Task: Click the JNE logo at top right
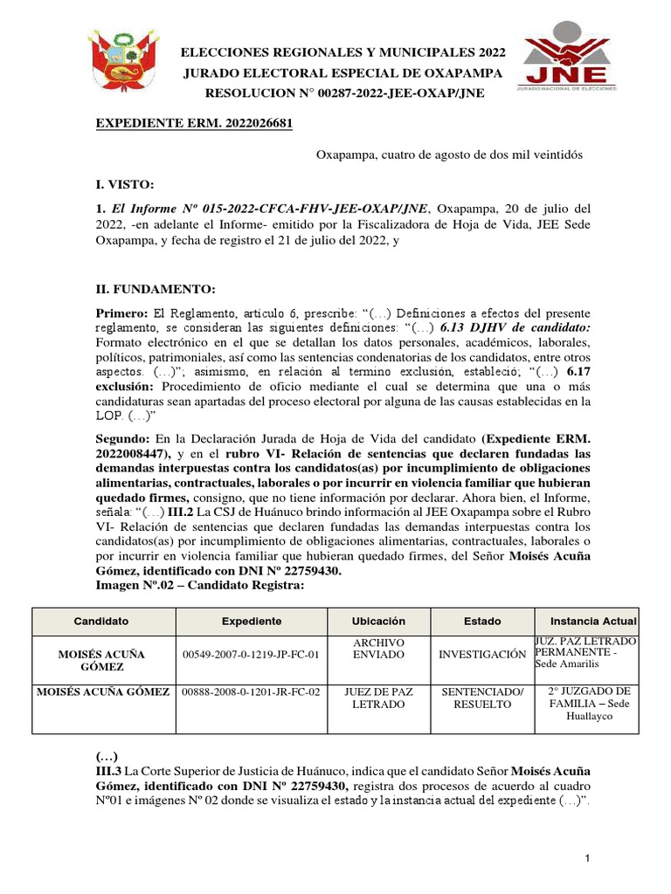568,63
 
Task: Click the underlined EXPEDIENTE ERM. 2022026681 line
193,123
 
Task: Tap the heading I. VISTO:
124,184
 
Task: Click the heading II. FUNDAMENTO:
155,290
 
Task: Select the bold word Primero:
122,313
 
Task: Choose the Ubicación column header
378,621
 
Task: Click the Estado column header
482,621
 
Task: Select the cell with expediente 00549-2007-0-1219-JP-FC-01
251,654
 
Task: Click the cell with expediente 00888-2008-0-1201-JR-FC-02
251,691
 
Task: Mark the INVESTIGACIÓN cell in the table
482,654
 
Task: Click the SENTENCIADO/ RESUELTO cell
482,698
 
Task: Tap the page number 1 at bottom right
589,860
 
